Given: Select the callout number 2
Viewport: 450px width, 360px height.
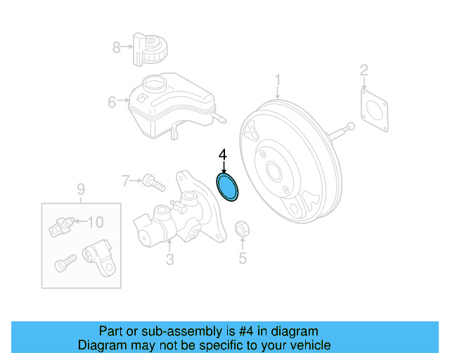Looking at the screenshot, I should (364, 70).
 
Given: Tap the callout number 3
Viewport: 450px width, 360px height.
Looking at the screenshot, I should (169, 261).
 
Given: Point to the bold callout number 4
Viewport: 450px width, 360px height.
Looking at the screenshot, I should (223, 154).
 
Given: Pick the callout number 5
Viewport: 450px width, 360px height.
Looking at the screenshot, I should (243, 258).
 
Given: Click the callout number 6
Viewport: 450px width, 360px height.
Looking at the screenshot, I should (112, 103).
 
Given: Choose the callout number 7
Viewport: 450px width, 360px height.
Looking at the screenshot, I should (126, 181).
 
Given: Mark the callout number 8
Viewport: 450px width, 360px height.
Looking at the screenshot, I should (117, 47).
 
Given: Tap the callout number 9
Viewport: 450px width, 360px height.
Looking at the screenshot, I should (80, 188).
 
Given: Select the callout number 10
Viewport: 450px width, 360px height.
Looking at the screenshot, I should (94, 222).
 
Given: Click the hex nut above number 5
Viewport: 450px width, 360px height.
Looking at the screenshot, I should (240, 229).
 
